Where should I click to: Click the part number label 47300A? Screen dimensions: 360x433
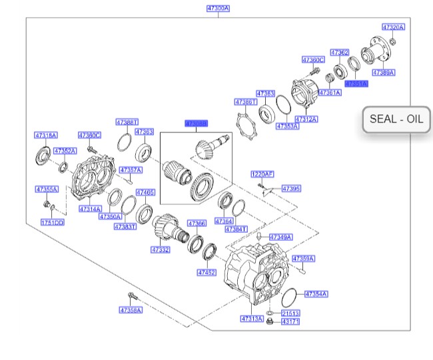tap(218, 9)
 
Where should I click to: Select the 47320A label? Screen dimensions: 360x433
tap(393, 27)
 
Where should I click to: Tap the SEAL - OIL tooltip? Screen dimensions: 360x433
tap(396, 120)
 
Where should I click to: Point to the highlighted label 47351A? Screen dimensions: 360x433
tap(356, 84)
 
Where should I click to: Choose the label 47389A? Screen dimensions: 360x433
tap(383, 72)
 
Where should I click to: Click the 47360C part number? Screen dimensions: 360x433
tap(312, 60)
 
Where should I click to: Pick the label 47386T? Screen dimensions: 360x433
tap(245, 102)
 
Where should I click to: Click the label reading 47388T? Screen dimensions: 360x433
tap(127, 122)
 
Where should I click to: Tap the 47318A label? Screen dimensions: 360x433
tap(46, 135)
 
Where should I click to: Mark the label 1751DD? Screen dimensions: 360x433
tap(52, 222)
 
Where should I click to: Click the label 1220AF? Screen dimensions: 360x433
tap(262, 174)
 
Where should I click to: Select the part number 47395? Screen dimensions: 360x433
tap(291, 189)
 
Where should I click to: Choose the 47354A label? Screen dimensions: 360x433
tap(316, 293)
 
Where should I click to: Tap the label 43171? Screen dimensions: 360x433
tap(290, 322)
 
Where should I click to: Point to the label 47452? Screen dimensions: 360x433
tap(207, 273)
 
